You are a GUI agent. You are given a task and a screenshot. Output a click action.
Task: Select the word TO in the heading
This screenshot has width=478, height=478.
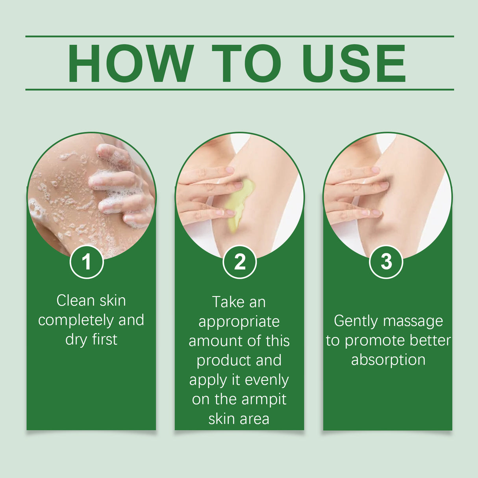[x=246, y=63]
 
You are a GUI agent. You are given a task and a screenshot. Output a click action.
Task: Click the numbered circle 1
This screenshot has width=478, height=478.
[x=87, y=262]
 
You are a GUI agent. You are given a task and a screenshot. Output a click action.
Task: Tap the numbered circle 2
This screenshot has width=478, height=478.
[x=239, y=262]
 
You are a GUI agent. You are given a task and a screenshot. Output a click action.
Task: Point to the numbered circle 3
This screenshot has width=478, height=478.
[x=386, y=262]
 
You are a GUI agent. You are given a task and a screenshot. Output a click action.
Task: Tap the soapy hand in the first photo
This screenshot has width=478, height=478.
[x=120, y=185]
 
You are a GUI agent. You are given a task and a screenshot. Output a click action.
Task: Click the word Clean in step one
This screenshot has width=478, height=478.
[x=76, y=301]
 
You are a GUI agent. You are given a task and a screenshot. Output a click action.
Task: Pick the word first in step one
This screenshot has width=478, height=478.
[x=105, y=339]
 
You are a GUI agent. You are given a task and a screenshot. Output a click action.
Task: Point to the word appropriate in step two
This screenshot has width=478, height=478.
[x=239, y=322]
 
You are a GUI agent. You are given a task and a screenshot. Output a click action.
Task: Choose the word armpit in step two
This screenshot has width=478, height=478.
[x=263, y=400]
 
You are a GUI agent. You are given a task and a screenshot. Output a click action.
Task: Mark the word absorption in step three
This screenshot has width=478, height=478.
[x=388, y=360]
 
